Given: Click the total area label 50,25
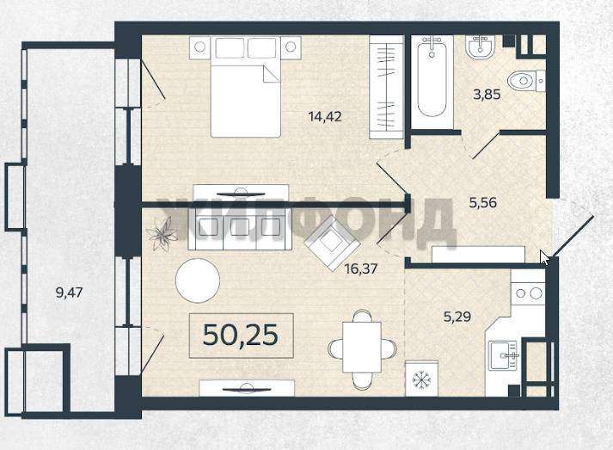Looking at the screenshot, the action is [241, 335].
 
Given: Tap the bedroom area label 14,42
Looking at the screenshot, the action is [325, 116].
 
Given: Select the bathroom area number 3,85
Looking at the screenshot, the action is [487, 95].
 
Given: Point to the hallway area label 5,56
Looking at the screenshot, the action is [482, 202].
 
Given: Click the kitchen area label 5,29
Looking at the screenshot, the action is [457, 316].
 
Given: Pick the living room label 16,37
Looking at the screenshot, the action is [361, 268].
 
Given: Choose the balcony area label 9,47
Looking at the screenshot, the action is [69, 293].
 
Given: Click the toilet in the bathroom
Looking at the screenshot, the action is [526, 82].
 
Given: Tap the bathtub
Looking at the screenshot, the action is [432, 82].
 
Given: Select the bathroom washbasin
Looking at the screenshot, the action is [481, 47].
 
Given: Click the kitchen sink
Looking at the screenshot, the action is [504, 354].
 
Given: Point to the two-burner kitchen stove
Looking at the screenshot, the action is [529, 293].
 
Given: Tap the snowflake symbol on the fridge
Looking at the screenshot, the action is [421, 379].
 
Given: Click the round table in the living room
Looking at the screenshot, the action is [198, 280].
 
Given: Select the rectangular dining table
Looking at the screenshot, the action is [362, 347].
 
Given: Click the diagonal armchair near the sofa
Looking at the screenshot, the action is [332, 243].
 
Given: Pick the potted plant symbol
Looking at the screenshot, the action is [162, 234].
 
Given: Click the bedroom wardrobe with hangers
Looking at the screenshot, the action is [386, 87].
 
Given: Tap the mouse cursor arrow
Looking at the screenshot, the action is [545, 258].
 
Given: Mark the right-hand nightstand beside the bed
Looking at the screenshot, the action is [291, 47].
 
